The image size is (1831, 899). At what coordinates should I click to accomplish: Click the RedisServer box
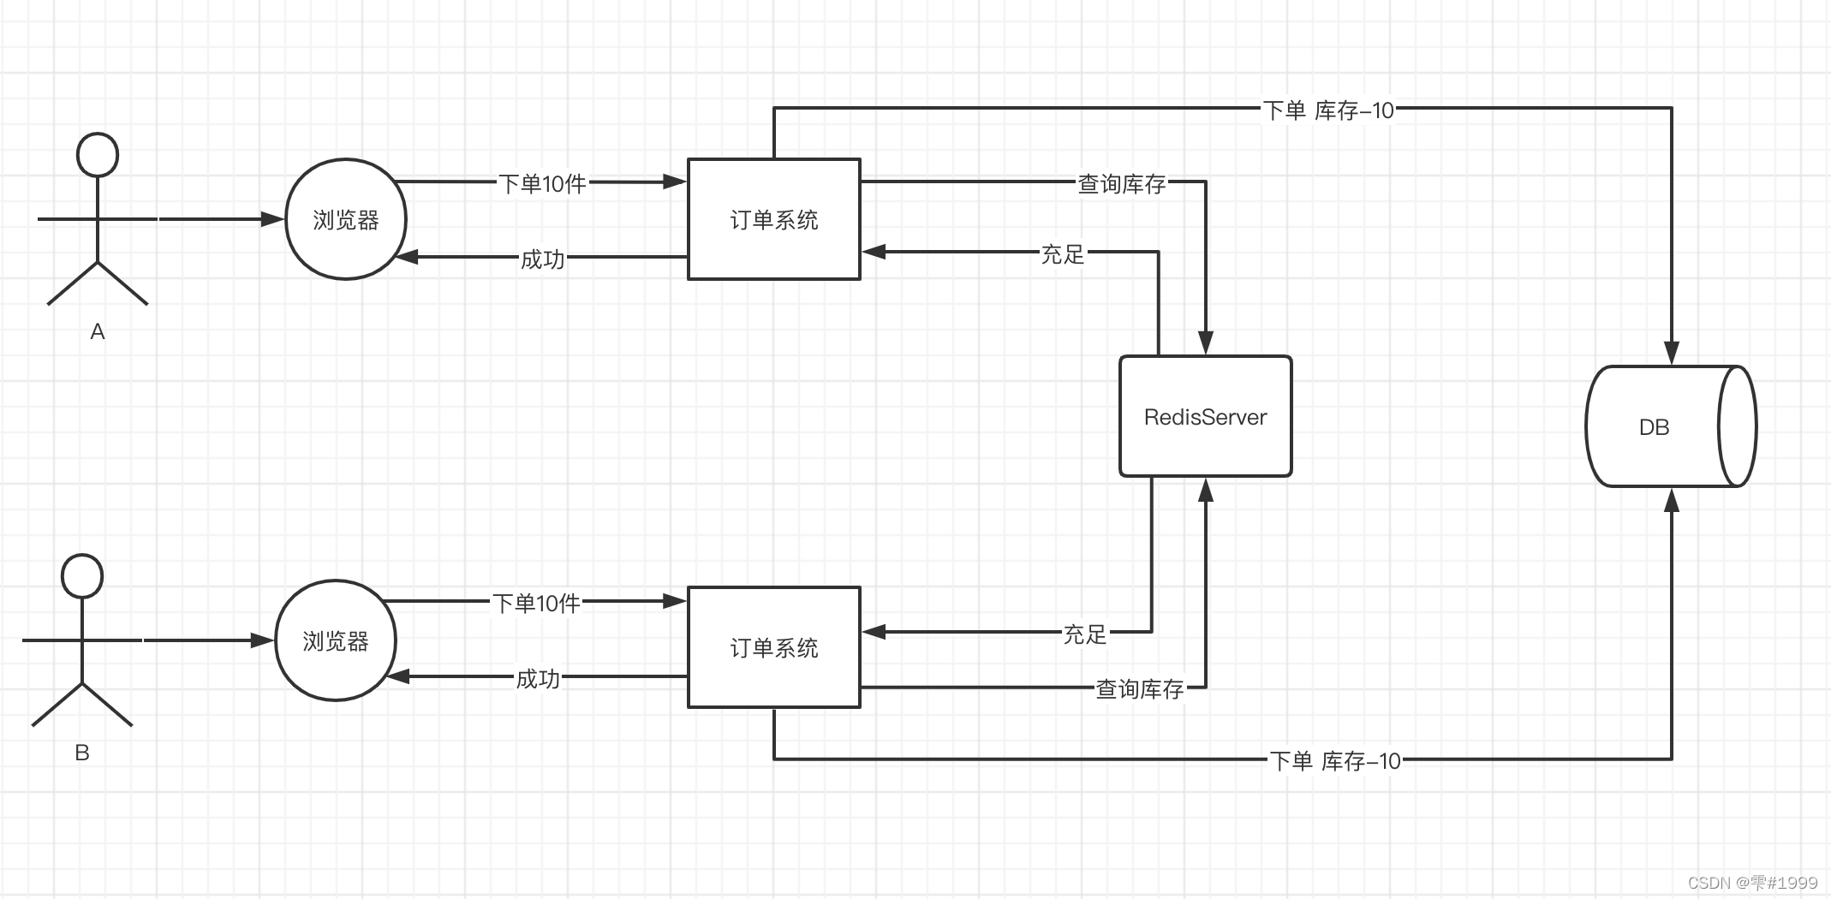[x=1205, y=416]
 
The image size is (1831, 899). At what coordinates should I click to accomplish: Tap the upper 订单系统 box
[x=773, y=219]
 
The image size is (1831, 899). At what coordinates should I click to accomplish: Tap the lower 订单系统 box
[x=773, y=647]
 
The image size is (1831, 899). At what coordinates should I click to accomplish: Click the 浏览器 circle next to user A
[x=345, y=219]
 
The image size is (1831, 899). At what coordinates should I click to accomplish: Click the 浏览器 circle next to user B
[x=335, y=640]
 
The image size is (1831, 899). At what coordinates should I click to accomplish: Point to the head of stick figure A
[x=98, y=155]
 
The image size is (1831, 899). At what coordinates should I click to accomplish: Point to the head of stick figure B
[x=82, y=575]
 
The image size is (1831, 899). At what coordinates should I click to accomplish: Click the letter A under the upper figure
[x=98, y=331]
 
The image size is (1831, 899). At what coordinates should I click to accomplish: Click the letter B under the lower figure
[x=82, y=753]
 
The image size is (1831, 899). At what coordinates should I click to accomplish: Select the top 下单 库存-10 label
[x=1328, y=110]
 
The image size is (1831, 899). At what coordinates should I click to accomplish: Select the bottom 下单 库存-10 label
[x=1334, y=760]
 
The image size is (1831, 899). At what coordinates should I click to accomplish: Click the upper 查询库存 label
[x=1121, y=183]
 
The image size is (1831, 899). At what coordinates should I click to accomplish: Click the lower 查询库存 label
[x=1139, y=688]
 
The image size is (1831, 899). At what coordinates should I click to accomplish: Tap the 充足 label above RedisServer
[x=1062, y=254]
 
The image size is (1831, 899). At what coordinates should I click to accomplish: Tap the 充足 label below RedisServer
[x=1084, y=634]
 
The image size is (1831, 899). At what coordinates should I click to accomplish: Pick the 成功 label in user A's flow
[x=542, y=259]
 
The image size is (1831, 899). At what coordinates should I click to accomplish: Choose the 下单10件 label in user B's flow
[x=536, y=603]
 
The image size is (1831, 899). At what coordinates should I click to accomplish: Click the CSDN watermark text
[x=1751, y=883]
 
